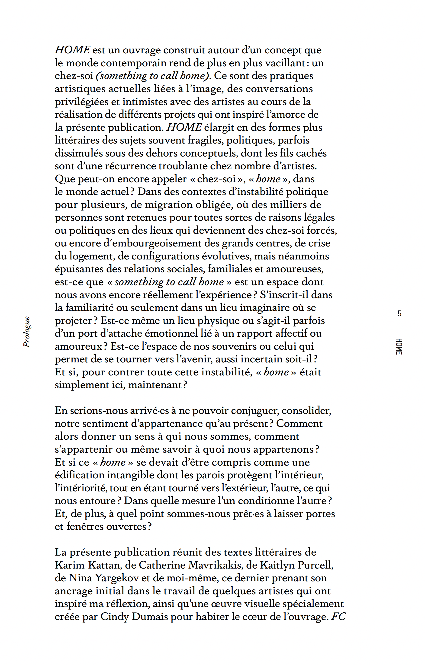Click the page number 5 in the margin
click(399, 313)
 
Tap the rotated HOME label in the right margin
click(399, 346)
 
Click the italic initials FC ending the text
click(338, 616)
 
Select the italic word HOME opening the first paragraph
click(72, 50)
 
